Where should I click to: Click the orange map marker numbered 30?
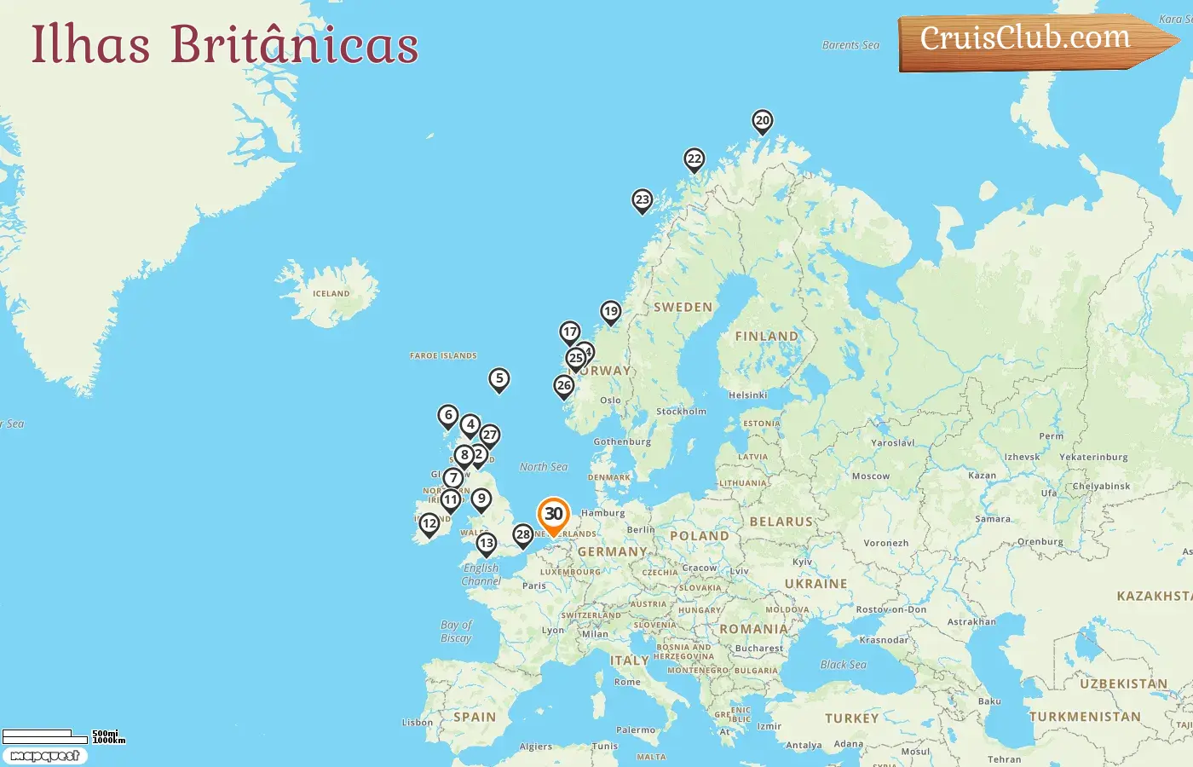(553, 515)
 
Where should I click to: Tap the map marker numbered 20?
(763, 121)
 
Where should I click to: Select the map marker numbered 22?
(694, 159)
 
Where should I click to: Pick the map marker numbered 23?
(643, 200)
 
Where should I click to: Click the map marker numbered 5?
(499, 378)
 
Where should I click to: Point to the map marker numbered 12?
(429, 524)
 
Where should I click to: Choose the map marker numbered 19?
(610, 312)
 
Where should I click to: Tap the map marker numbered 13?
(486, 544)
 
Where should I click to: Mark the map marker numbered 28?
(523, 535)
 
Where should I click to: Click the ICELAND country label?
(331, 294)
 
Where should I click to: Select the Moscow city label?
(870, 476)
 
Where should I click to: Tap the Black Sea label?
(843, 665)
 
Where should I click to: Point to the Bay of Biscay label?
(456, 631)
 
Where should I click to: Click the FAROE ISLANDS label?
(443, 356)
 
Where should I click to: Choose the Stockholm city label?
(681, 412)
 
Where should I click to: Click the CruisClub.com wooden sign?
(1027, 39)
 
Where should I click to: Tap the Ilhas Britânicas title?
(225, 44)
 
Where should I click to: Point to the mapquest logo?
(44, 756)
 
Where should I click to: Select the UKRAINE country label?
(816, 584)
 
